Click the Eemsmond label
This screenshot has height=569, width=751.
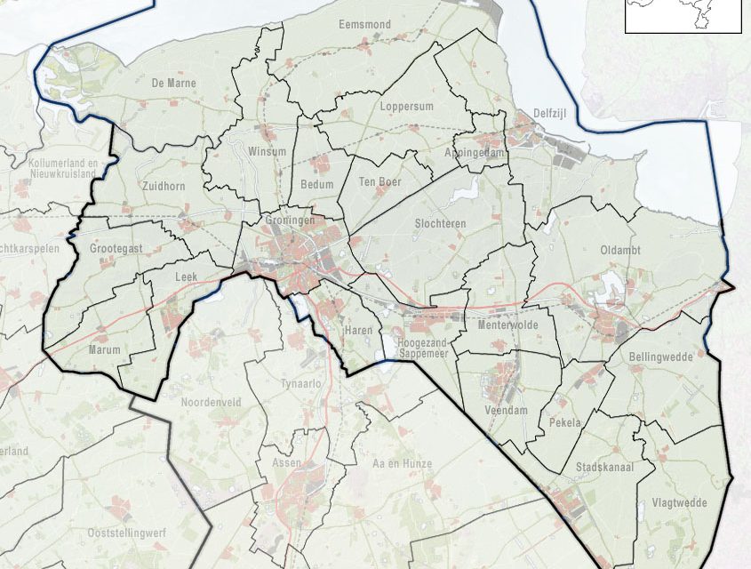(364, 25)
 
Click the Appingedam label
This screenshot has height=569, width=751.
(475, 153)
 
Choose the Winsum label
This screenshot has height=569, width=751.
(268, 151)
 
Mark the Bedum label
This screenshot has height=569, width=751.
(317, 185)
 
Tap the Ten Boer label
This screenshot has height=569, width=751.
(380, 181)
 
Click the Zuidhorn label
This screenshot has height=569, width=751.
(163, 186)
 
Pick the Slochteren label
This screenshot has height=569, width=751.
(440, 224)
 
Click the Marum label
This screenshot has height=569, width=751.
(104, 350)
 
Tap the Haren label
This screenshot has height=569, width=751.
(356, 331)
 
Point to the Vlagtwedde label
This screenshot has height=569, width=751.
(684, 503)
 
